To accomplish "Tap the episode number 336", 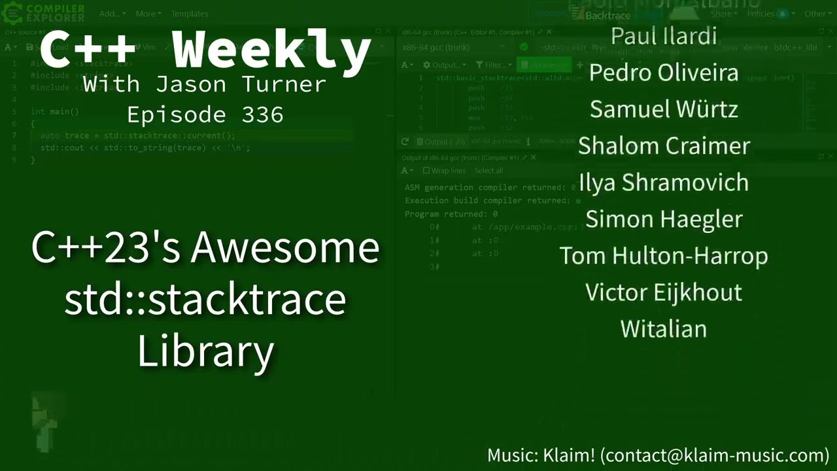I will click(262, 115).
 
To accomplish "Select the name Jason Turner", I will click(241, 84).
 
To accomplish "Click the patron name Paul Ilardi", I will click(663, 36).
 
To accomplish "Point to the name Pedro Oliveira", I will click(663, 73).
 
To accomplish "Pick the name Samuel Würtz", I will click(663, 109).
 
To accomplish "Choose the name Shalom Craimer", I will click(663, 146).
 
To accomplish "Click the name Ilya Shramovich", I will click(663, 183).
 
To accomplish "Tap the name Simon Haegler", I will click(663, 219).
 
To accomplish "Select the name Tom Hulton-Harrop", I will click(663, 256).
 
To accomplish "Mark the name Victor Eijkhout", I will click(663, 292).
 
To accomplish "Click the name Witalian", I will click(663, 328).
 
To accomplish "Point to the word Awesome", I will click(285, 248).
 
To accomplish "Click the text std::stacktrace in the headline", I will click(205, 299).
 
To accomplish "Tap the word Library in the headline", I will click(205, 351).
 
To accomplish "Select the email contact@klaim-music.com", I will click(714, 455).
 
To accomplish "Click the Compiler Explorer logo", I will click(44, 12).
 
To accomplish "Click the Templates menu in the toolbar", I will click(190, 14).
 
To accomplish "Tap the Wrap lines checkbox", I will click(426, 171).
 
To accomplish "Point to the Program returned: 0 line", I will click(451, 214).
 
